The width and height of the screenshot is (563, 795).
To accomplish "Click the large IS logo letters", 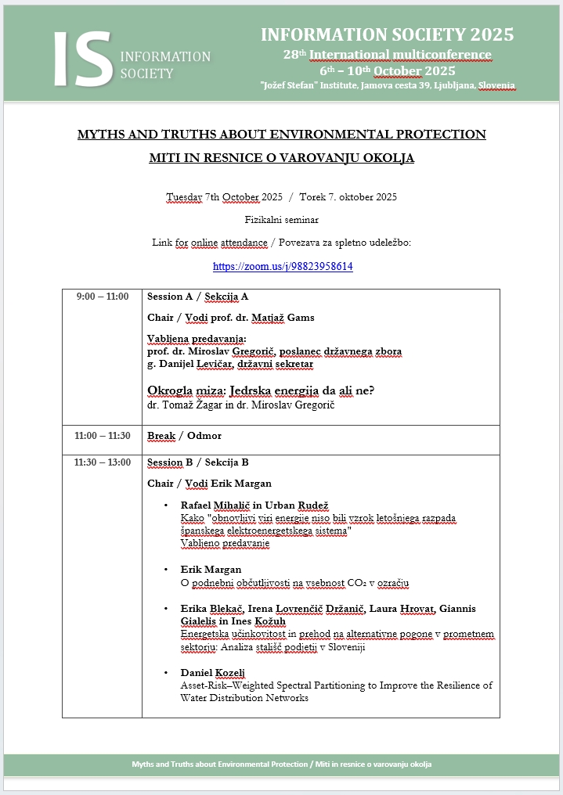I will click(82, 59).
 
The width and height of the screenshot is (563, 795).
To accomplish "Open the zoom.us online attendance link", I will click(283, 266).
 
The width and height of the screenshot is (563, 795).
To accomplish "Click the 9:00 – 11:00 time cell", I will click(103, 297).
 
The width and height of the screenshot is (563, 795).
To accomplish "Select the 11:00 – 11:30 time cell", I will click(103, 435).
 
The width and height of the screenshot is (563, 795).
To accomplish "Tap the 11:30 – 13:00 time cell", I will click(103, 462).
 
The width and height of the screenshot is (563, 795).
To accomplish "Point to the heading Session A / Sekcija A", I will click(197, 297).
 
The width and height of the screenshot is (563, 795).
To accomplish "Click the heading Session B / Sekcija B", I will click(197, 462).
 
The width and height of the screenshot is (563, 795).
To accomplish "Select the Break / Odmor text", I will click(184, 435).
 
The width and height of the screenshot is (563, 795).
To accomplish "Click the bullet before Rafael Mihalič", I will click(166, 505).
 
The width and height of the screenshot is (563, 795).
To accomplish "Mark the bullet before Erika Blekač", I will click(166, 609).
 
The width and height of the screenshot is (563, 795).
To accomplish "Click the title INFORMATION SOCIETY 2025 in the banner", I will click(387, 35).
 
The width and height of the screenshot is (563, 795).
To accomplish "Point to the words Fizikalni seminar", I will click(281, 220).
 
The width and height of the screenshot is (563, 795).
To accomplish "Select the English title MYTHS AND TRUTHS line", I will click(281, 135).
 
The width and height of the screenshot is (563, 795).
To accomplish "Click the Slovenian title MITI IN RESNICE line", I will click(281, 158).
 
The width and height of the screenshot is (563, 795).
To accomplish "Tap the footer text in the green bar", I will click(281, 764).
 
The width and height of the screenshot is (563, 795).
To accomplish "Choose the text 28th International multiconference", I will click(387, 55).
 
